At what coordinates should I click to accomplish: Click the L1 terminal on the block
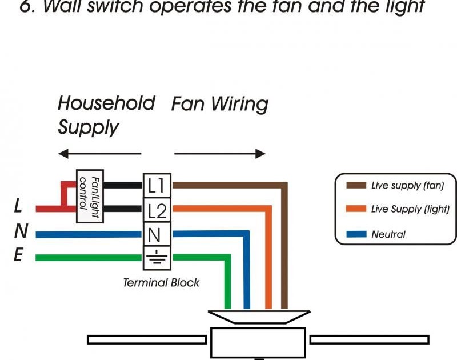coord(156,185)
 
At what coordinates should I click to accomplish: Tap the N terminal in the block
coord(156,234)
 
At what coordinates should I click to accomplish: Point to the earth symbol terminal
coord(156,258)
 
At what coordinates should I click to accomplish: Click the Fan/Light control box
coord(90,196)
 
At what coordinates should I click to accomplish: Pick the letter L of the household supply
coord(19,207)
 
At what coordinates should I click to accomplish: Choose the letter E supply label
coord(19,256)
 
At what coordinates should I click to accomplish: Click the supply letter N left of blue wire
coord(21,231)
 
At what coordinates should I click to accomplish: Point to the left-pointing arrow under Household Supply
coord(99,154)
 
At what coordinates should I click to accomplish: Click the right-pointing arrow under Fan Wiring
coord(220,154)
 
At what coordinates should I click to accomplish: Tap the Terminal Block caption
coord(161,282)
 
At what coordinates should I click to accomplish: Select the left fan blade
coord(146,339)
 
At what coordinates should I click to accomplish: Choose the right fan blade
coord(369,339)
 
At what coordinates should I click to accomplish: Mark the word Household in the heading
coord(106,103)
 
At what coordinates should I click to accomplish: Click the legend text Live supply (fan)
coord(407,185)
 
